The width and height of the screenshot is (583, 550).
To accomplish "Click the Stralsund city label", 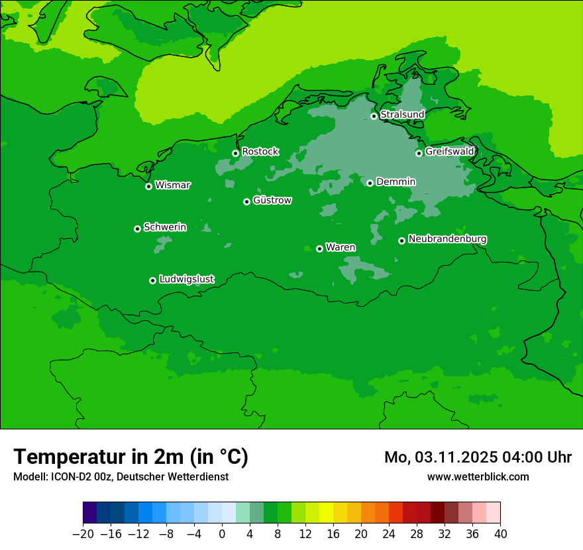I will pos(402,115).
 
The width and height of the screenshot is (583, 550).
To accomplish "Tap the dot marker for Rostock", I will pos(235,153).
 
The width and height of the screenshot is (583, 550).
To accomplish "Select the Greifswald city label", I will pos(450,152).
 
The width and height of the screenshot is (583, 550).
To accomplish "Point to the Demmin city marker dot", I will pos(370,183).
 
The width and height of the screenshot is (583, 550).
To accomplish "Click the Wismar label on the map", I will pos(172,186).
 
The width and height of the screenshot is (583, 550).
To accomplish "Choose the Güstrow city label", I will pos(272,201).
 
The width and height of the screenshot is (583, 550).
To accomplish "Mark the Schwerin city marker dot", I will pos(137,229).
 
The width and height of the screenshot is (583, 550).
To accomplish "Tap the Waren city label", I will pos(341,248).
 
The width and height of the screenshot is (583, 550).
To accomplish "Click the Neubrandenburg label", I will pos(447,239).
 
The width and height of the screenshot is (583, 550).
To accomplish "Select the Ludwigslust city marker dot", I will pos(152,280).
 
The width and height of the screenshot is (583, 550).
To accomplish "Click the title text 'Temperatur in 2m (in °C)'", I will pos(131,457).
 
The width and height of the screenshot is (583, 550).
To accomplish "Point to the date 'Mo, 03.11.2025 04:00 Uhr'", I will pos(478,457).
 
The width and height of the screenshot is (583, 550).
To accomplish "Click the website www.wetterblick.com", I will pos(478,476).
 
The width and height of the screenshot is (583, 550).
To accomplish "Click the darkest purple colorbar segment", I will pos(89,513).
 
